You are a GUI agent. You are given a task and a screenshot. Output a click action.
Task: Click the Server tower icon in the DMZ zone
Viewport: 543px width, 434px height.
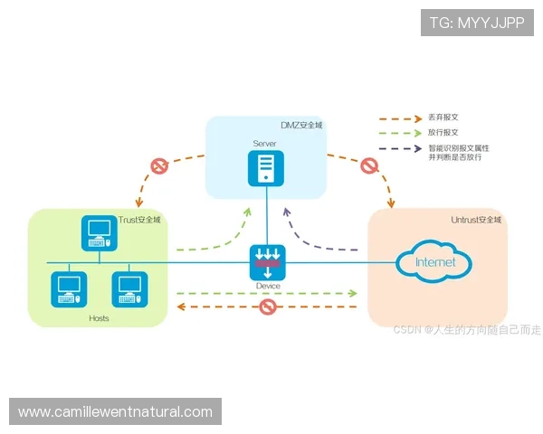266,167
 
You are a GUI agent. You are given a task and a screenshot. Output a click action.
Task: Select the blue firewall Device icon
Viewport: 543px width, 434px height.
267,261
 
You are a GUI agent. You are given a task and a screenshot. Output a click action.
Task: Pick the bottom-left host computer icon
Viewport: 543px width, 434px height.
70,288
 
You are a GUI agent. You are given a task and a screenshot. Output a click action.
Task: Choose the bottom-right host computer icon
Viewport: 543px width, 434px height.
129,288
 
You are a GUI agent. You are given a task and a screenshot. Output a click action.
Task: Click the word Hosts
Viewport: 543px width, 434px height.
99,318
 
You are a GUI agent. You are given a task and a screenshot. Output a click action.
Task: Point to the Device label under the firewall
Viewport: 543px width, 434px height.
268,287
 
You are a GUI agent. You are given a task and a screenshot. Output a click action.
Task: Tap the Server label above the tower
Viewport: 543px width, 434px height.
264,144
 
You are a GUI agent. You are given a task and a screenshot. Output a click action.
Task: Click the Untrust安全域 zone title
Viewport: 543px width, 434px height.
476,220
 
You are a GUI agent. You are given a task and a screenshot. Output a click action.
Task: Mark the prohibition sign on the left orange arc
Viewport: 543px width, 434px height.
159,166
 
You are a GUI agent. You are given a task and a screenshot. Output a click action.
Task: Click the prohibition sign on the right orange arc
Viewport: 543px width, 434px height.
368,166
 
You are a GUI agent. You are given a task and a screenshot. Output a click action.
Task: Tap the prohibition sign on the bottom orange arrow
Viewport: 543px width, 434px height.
267,307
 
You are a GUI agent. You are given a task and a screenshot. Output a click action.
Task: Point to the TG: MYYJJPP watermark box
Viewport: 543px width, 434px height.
477,23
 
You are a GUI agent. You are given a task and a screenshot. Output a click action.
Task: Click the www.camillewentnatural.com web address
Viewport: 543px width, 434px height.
115,412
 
